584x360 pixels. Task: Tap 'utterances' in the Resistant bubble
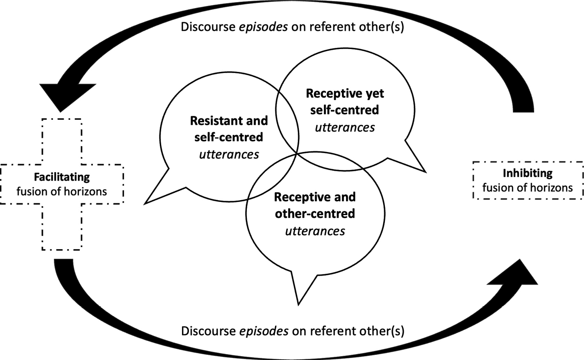point(229,154)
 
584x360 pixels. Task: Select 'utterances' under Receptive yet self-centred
point(345,127)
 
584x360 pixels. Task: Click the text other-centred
point(315,213)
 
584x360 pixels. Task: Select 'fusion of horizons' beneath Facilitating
point(62,191)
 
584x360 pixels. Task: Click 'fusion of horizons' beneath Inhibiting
point(528,187)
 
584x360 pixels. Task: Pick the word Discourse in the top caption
point(203,26)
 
